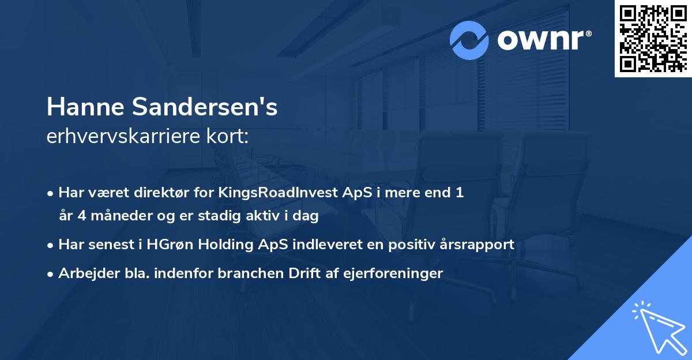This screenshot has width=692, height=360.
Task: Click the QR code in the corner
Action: coord(653,38)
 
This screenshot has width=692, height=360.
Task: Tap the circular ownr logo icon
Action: coord(469,40)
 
